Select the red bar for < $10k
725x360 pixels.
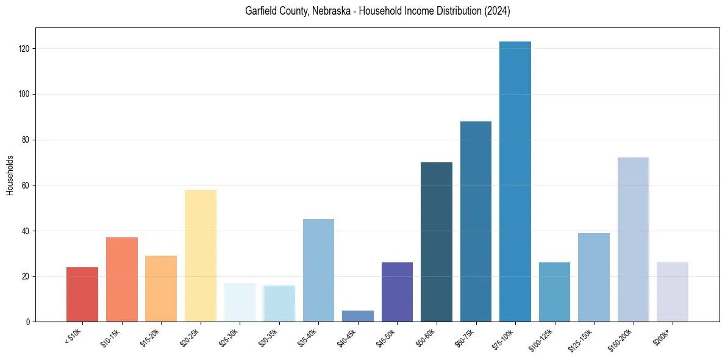(x=82, y=295)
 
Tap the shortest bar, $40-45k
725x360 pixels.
(x=358, y=316)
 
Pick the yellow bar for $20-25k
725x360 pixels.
(x=201, y=256)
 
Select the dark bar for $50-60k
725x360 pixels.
(x=437, y=242)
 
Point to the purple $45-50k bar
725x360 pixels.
(x=397, y=292)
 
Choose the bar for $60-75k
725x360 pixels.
(x=476, y=221)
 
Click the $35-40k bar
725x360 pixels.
(x=318, y=270)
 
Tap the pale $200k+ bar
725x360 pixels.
(x=673, y=292)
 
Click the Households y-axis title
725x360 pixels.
(x=10, y=175)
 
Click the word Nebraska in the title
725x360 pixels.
(x=332, y=11)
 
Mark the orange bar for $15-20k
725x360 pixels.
(x=161, y=289)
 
